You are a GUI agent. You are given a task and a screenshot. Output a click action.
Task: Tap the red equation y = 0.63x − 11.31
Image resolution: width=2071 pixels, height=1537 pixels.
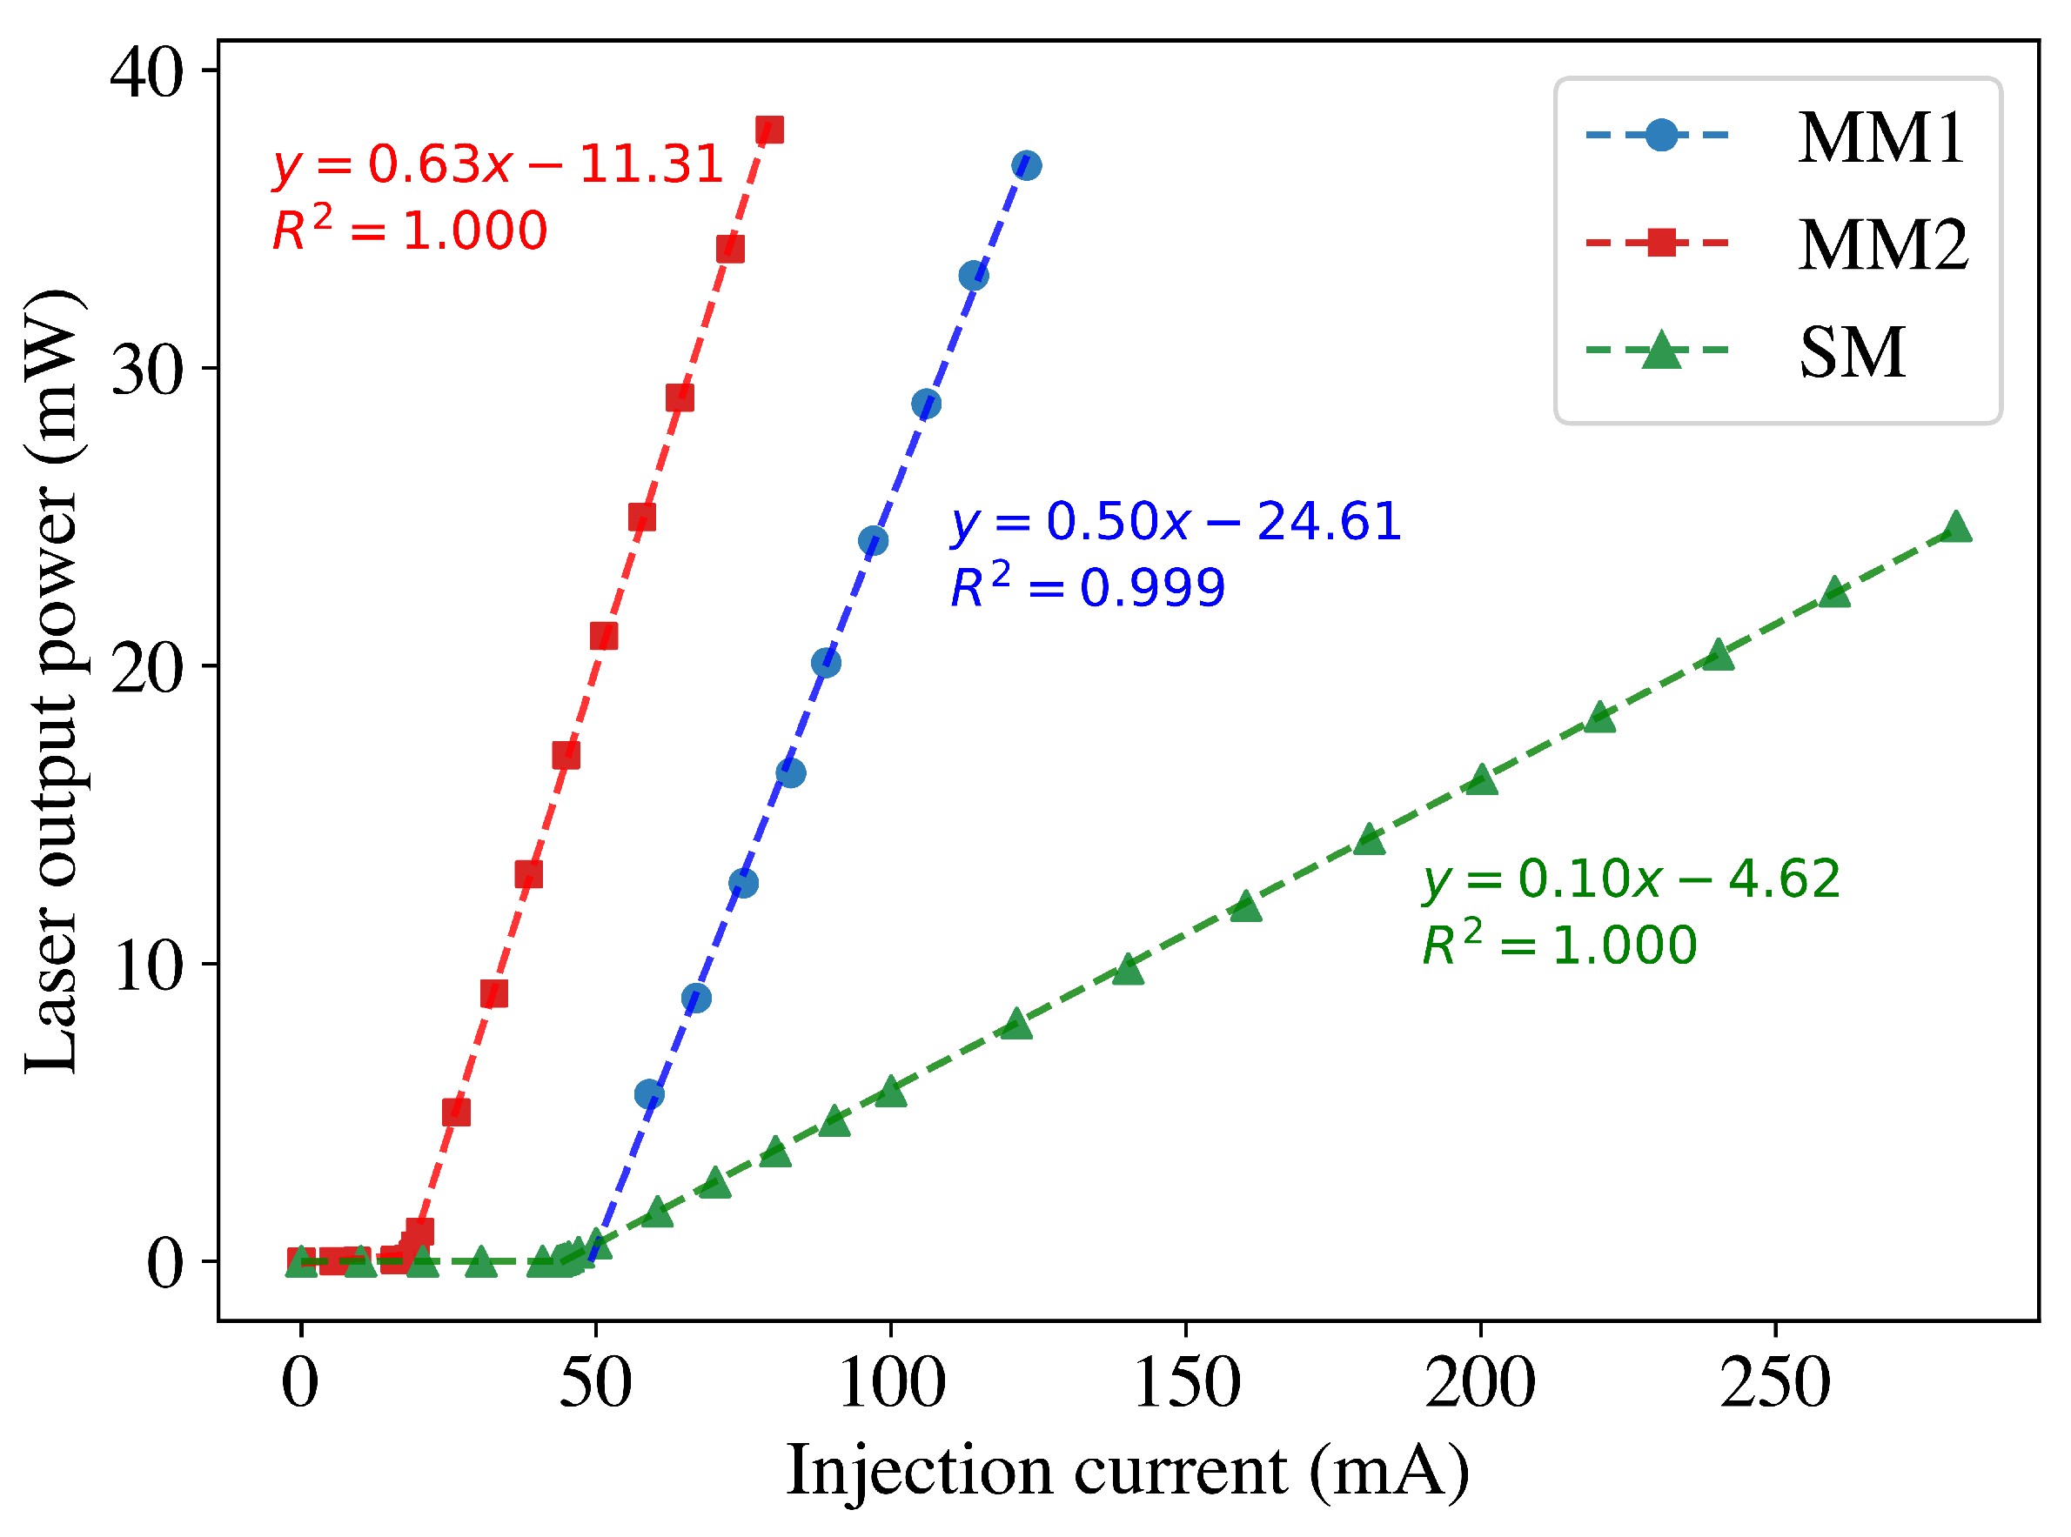click(x=498, y=164)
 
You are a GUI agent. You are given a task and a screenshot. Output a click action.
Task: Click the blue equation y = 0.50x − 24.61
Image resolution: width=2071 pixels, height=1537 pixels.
click(x=1176, y=521)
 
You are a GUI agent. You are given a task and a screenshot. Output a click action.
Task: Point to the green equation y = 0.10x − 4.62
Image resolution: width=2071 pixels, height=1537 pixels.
click(x=1631, y=879)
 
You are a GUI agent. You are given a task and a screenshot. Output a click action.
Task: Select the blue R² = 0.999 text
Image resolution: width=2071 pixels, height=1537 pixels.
click(x=1087, y=586)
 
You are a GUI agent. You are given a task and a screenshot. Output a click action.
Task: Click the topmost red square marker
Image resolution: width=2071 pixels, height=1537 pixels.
click(x=770, y=130)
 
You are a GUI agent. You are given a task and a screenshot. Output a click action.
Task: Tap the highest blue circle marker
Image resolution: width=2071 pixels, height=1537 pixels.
click(x=1027, y=165)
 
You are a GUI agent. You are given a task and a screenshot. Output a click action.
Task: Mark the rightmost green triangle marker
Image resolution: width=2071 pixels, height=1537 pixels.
click(x=1956, y=527)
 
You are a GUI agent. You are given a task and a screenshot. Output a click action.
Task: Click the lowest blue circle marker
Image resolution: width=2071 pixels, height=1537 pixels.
click(x=650, y=1095)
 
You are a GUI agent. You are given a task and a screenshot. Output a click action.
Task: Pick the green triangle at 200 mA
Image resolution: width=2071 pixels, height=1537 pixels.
click(x=1482, y=780)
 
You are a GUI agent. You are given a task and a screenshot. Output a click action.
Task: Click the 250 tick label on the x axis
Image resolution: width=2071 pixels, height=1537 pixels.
click(x=1775, y=1386)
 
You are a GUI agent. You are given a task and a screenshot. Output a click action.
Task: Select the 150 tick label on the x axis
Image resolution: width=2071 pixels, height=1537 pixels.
click(x=1187, y=1386)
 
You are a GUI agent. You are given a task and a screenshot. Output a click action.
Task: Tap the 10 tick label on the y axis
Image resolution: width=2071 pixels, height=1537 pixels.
click(x=147, y=966)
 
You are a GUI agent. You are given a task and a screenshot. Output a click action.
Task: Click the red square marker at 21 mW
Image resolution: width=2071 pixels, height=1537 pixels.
click(x=604, y=637)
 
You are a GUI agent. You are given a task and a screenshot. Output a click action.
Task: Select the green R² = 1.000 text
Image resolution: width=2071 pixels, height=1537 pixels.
click(x=1559, y=946)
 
